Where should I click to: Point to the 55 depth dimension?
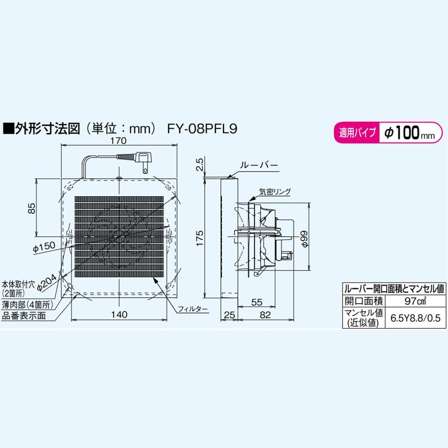(x=257, y=302)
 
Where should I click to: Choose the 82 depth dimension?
(x=265, y=316)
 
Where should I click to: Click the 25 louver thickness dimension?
(x=229, y=316)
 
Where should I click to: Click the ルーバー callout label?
(x=259, y=165)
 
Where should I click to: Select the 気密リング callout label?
(x=275, y=192)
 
